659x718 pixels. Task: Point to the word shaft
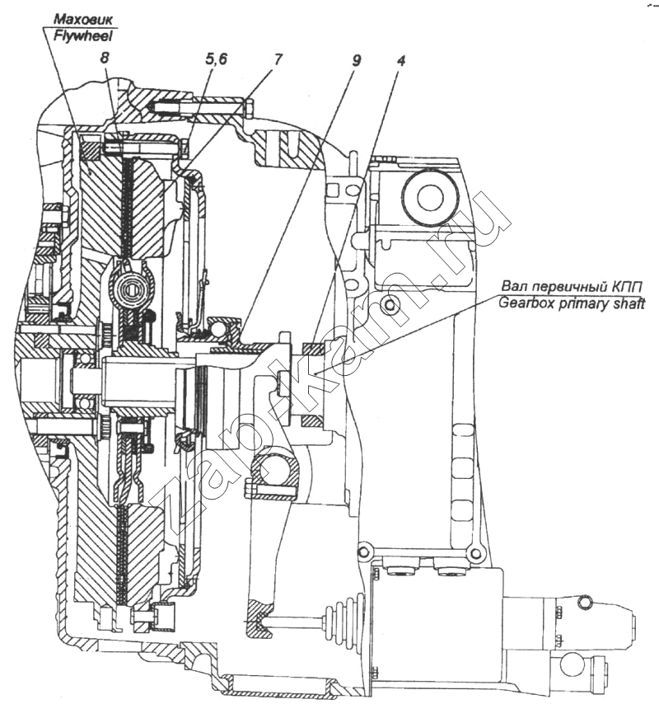point(626,303)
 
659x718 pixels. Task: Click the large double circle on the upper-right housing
point(429,196)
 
